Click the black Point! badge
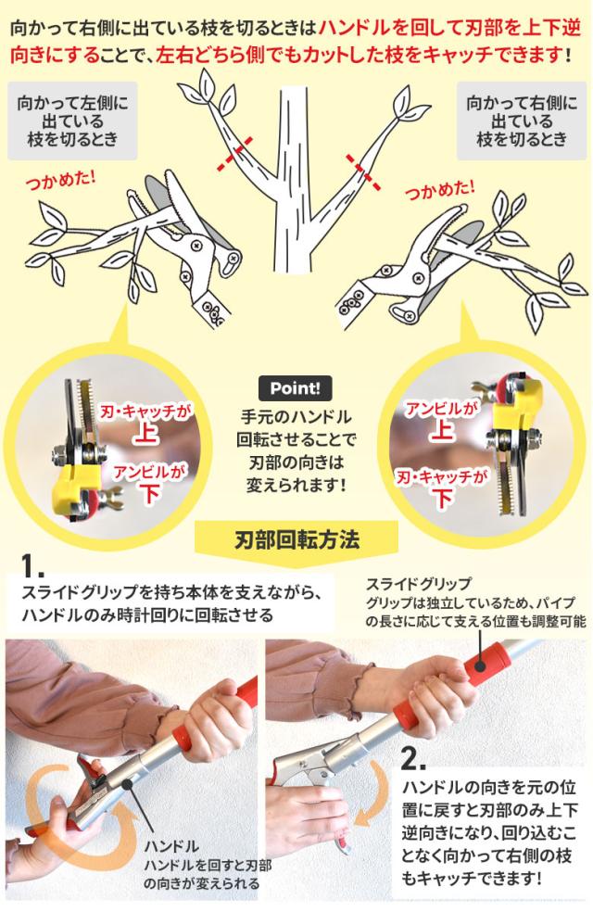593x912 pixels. [x=296, y=388]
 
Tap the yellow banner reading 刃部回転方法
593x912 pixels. [x=296, y=539]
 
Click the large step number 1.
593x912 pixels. [x=32, y=565]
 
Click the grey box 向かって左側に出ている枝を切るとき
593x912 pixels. [x=72, y=121]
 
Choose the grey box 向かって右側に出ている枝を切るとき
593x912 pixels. [x=522, y=121]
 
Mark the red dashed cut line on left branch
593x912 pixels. [x=235, y=154]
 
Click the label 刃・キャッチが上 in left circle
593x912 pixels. [x=145, y=423]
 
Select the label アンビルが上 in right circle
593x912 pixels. [x=442, y=419]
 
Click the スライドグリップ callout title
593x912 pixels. [x=418, y=583]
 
